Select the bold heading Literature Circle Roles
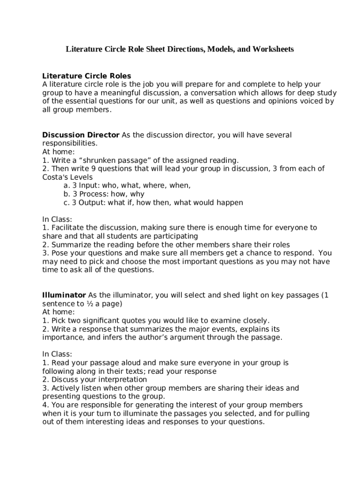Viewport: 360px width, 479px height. [86, 76]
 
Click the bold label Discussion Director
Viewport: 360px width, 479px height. [81, 135]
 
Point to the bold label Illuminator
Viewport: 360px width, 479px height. [64, 295]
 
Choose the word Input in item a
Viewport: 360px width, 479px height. [88, 186]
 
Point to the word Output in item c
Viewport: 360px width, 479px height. [92, 203]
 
